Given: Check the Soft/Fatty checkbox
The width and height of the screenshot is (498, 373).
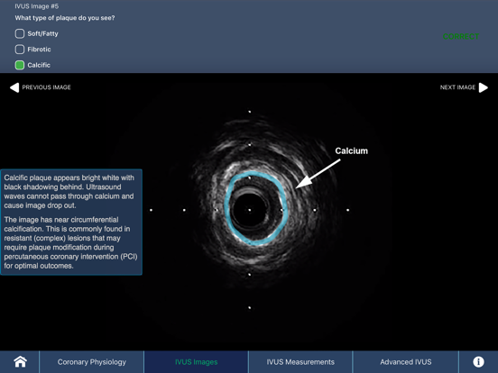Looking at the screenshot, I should click(20, 33).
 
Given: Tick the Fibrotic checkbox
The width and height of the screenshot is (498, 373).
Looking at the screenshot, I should click(20, 50).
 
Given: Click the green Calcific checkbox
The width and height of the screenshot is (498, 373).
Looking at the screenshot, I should click(20, 65).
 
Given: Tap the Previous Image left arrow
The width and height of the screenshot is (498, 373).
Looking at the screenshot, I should click(14, 87).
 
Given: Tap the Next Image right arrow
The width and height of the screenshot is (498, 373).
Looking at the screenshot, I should click(484, 87).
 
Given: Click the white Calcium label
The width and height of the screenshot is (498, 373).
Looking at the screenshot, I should click(351, 151).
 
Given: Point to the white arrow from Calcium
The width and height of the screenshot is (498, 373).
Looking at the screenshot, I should click(318, 173).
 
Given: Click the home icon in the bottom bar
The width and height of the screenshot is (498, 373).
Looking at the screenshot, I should click(20, 361).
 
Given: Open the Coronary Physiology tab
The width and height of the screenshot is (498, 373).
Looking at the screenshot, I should click(92, 362).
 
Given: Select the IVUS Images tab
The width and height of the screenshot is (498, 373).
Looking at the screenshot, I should click(196, 362).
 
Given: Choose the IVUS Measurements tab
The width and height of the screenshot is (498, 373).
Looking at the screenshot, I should click(300, 362).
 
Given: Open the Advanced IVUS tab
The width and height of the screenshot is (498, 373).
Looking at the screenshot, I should click(405, 362).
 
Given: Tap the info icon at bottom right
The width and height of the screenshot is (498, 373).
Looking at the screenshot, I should click(478, 361).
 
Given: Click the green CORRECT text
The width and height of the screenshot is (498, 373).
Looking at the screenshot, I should click(461, 37).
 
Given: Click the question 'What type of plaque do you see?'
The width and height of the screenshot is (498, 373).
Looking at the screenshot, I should click(65, 18).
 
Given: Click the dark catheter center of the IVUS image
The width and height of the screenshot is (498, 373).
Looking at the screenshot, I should click(250, 211).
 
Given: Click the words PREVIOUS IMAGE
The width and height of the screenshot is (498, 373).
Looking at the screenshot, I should click(47, 87).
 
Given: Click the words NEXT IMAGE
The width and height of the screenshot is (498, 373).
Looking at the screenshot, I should click(457, 87).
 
